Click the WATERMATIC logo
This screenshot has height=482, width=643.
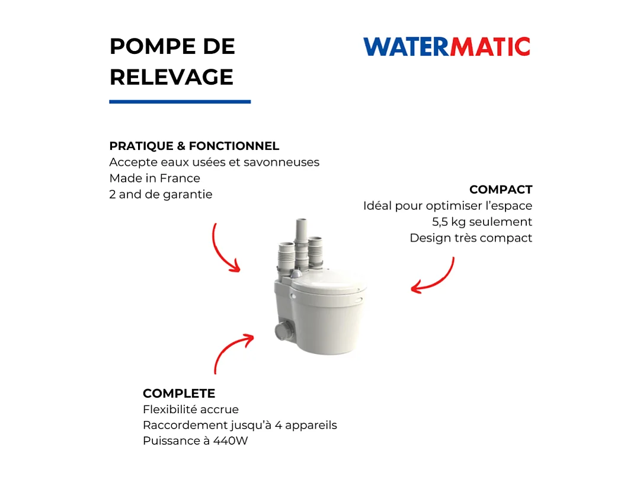point(446,46)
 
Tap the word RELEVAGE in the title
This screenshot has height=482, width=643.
point(171,77)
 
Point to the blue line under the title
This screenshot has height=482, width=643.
point(180,101)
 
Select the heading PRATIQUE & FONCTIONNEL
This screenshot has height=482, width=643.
point(194,146)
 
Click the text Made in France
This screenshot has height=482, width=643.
point(155,178)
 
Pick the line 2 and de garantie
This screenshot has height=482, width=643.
point(161,194)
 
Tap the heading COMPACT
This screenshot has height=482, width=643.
point(501,190)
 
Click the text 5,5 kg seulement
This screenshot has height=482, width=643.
point(482,222)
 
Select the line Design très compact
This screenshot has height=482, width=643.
point(471,238)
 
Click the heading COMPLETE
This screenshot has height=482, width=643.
point(179,393)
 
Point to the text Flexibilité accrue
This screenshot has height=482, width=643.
point(190,409)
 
